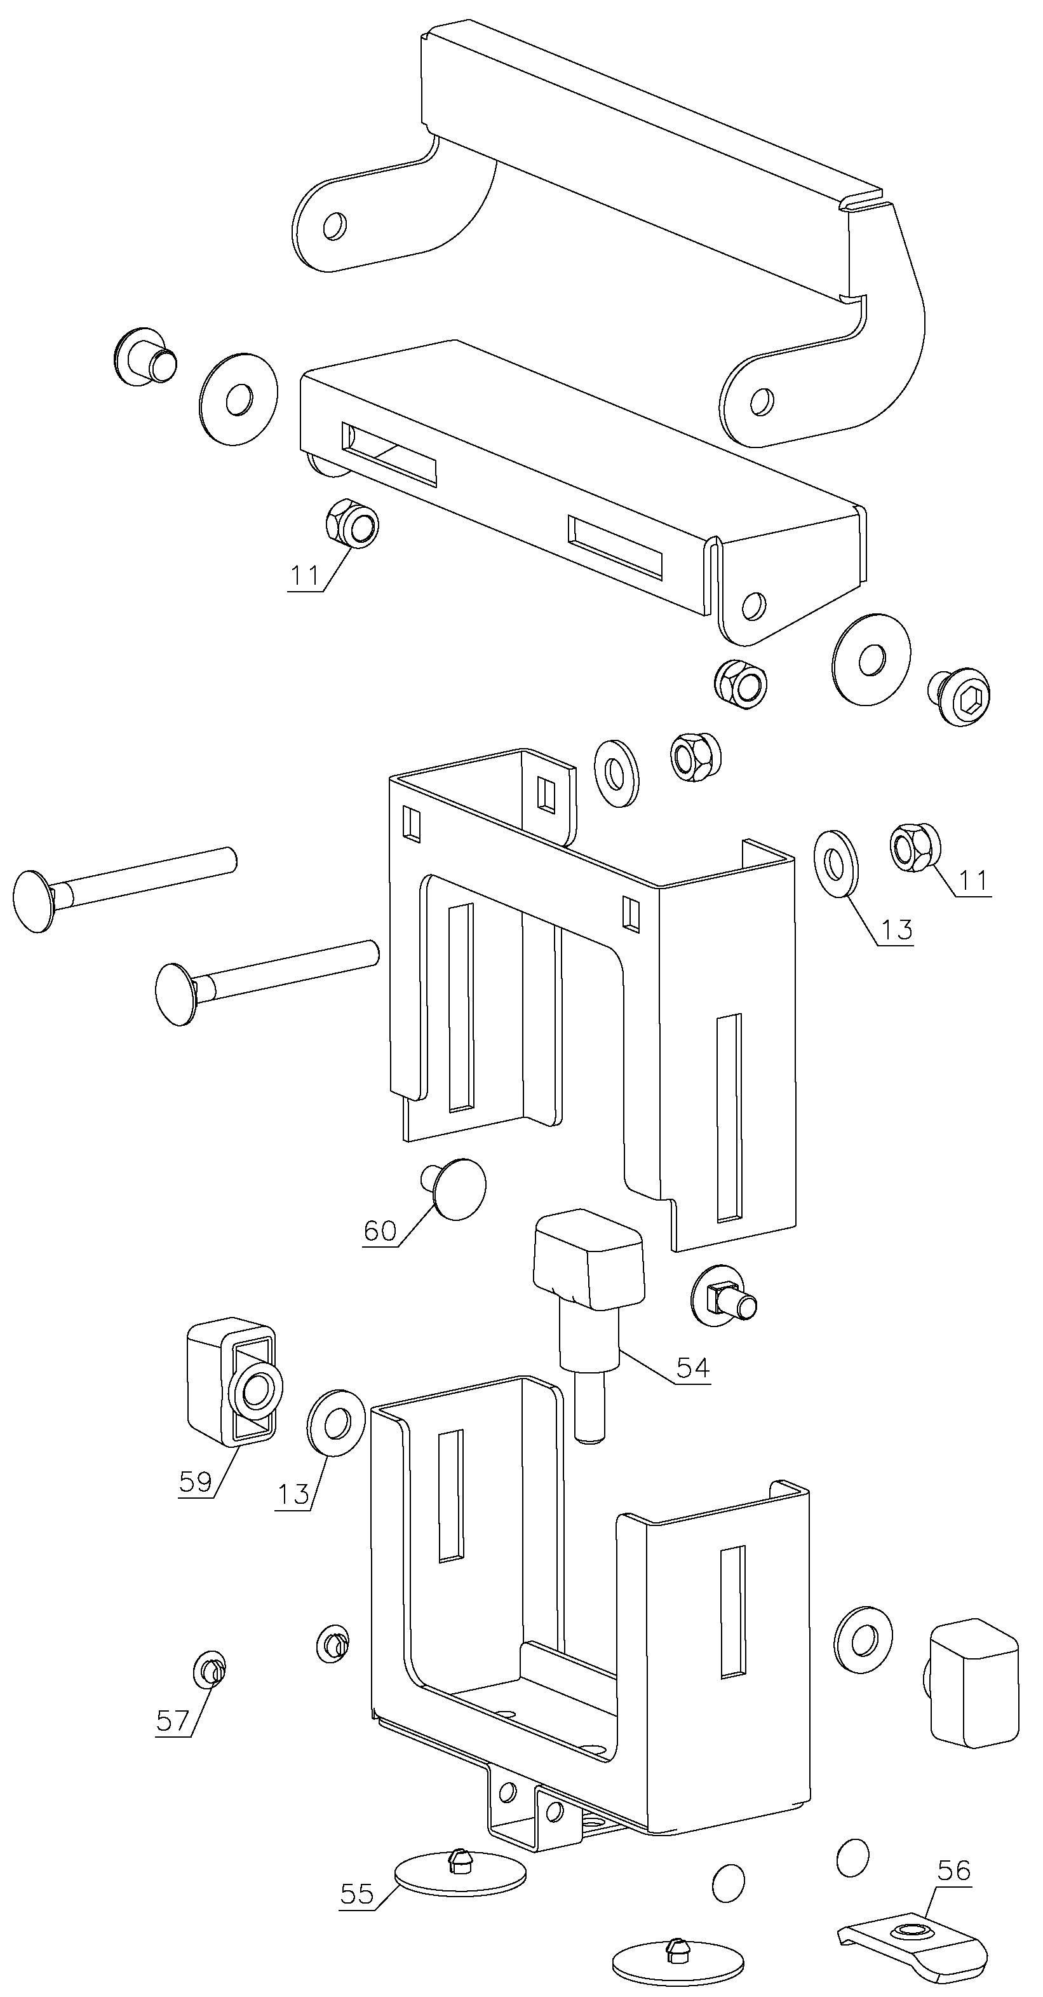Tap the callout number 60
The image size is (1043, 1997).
coord(380,1230)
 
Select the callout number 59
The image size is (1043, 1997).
coord(195,1482)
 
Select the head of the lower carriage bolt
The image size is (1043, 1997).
coord(177,995)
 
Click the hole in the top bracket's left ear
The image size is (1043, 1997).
coord(335,226)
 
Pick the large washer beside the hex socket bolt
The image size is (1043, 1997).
coord(871,660)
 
